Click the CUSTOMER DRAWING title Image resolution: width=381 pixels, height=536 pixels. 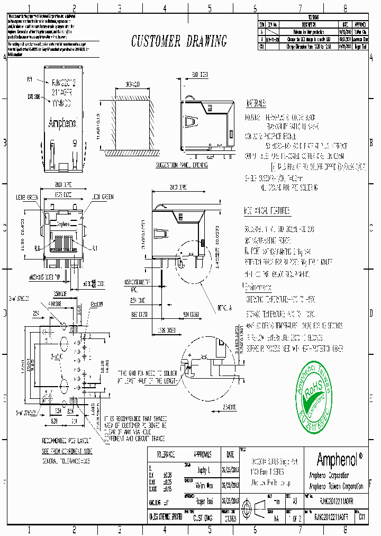(179, 41)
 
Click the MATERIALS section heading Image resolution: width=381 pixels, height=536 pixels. (259, 103)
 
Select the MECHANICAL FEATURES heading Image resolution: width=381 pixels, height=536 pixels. (267, 211)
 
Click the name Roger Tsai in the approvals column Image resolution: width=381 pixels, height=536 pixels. (203, 500)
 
